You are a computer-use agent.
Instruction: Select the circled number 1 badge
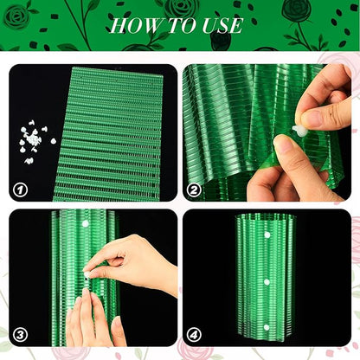click(x=21, y=190)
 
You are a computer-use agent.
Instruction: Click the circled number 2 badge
click(x=194, y=190)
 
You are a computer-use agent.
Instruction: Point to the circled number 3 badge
click(x=21, y=335)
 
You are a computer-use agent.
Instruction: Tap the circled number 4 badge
click(x=194, y=335)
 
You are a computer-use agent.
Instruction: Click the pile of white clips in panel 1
click(x=35, y=141)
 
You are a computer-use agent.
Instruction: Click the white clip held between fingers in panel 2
click(x=299, y=131)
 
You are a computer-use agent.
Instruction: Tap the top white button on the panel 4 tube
click(x=267, y=235)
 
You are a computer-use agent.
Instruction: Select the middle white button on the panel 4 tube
click(x=267, y=282)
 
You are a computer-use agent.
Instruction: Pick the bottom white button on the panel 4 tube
click(x=267, y=327)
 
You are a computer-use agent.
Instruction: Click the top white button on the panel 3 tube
click(x=86, y=223)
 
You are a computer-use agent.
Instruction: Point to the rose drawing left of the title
click(x=18, y=16)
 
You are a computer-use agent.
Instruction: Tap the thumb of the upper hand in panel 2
click(x=314, y=118)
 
